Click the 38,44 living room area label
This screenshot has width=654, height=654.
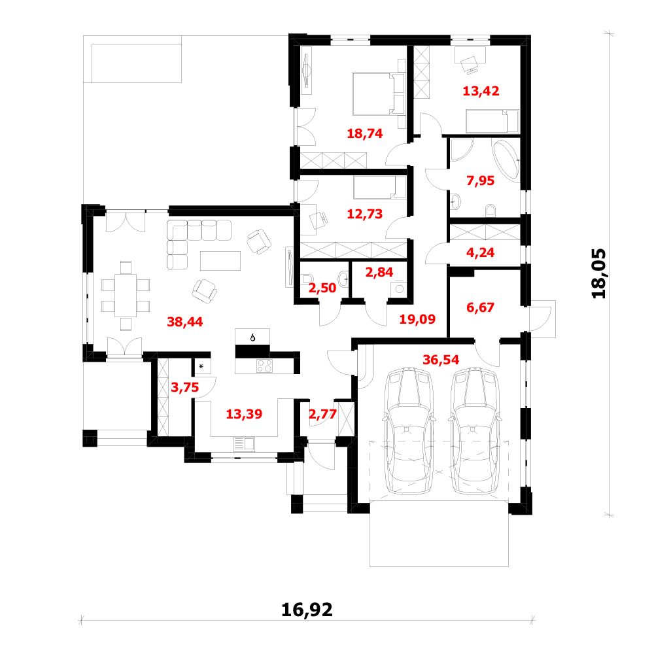185,322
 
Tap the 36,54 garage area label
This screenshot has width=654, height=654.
441,360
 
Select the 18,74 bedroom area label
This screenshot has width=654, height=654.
365,133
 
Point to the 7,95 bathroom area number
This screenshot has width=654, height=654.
481,181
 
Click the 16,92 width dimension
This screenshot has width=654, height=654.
307,610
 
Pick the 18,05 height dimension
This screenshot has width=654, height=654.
599,273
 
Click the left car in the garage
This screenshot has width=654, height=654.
409,430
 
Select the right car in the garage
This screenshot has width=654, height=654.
475,430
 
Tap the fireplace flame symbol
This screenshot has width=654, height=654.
252,337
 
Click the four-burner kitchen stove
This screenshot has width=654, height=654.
264,366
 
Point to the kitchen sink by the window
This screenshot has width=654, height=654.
244,444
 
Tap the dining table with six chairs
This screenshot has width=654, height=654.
126,296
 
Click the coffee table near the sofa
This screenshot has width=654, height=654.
220,261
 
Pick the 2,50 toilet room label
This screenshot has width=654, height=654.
322,288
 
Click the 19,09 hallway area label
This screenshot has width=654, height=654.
417,319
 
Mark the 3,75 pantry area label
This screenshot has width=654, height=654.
185,387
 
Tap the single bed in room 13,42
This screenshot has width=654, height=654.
492,122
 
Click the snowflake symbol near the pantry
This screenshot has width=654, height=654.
201,367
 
